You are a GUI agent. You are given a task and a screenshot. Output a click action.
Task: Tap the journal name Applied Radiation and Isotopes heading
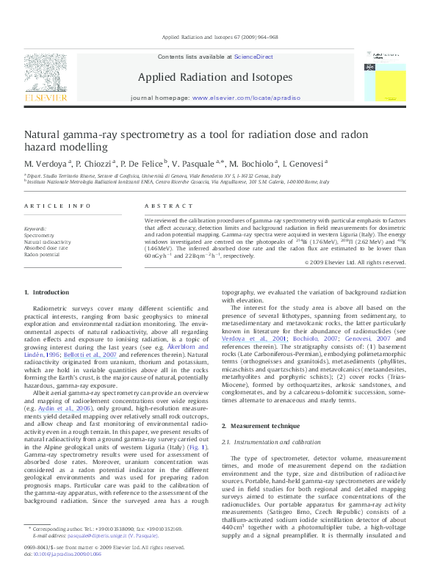coord(214,77)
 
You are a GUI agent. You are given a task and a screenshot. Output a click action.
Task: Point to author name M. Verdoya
coord(46,163)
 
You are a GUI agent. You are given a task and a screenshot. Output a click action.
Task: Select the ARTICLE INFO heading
coord(57,207)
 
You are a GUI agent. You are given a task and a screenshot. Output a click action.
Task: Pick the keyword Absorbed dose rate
coord(46,248)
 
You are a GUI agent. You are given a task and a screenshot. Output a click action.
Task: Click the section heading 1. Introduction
coord(46,314)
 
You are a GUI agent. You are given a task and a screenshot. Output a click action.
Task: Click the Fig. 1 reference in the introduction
coord(198,446)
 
